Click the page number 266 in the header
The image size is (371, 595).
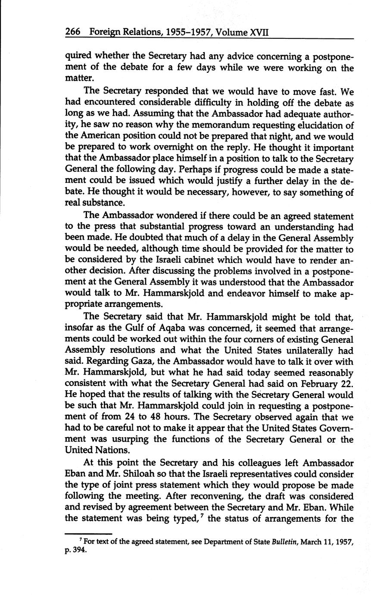pyautogui.click(x=74, y=32)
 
